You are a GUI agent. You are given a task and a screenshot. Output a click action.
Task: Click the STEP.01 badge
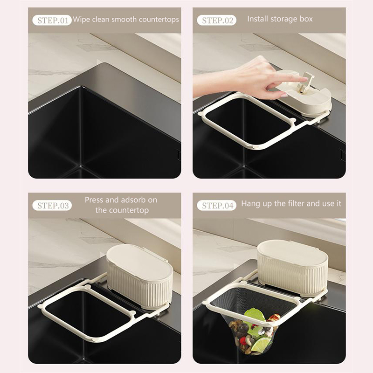click(52, 21)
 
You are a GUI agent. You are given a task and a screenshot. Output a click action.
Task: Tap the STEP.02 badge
click(216, 21)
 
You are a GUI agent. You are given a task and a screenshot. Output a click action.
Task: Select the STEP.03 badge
click(52, 206)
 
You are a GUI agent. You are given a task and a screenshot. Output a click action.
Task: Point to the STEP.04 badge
click(216, 206)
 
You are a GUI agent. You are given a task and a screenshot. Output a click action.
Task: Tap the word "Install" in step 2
click(258, 19)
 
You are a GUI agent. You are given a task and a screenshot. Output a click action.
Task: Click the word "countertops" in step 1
click(159, 20)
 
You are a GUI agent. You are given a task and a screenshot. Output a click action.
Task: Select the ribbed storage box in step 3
click(140, 276)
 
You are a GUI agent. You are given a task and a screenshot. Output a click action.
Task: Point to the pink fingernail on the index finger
click(284, 96)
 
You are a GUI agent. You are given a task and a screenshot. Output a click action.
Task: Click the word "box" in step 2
click(306, 19)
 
